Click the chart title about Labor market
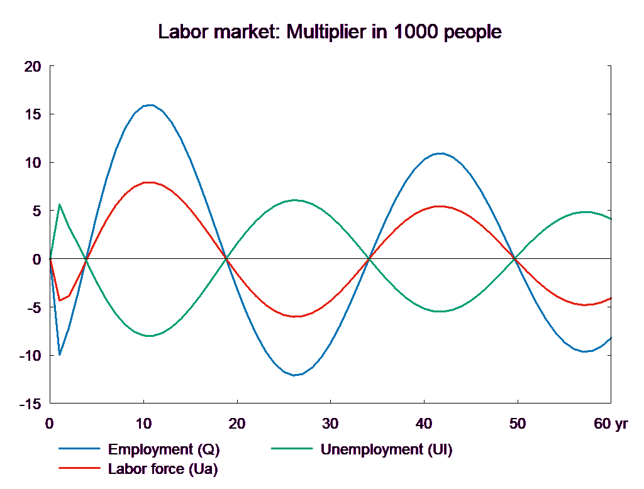click(330, 32)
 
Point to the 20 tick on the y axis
click(32, 66)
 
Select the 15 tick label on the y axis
click(32, 114)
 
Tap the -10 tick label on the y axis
click(30, 355)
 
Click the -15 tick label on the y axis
click(30, 404)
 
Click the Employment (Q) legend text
click(164, 449)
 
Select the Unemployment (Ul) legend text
click(386, 449)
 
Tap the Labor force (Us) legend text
click(163, 468)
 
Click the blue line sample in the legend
click(80, 449)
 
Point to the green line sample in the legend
click(292, 449)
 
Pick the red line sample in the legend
click(80, 468)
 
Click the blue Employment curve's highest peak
click(150, 105)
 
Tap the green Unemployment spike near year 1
click(59, 204)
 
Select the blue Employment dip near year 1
click(59, 354)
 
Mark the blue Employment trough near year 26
click(294, 375)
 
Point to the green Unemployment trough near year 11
click(151, 336)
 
